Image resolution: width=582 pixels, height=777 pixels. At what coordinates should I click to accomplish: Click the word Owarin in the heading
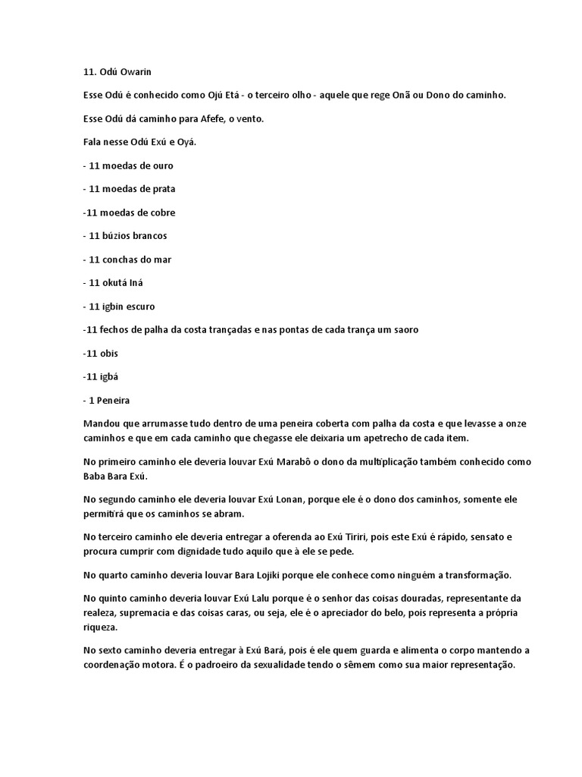136,72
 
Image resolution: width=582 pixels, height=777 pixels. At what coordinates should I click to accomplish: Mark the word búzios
120,236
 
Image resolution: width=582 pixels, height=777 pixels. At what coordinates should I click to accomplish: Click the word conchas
124,260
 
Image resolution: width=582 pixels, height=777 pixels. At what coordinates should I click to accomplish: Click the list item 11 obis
101,354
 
